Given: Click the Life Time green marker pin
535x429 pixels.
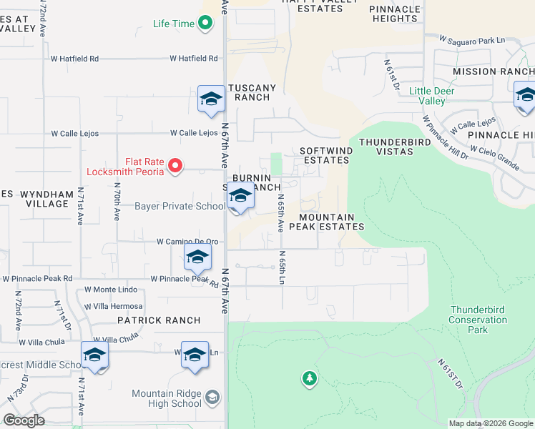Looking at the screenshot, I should click(x=205, y=24).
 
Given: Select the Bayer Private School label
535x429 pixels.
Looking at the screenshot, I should click(x=180, y=207).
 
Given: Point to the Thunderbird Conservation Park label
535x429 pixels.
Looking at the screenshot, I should click(x=478, y=320).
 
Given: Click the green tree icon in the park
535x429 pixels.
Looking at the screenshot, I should click(x=309, y=378).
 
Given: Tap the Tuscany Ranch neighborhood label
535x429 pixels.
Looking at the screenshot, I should click(x=251, y=92).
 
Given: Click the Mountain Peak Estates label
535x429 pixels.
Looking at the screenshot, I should click(x=331, y=222).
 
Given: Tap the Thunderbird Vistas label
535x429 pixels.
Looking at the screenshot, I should click(x=386, y=147).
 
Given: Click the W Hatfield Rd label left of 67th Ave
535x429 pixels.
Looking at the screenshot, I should click(x=194, y=59).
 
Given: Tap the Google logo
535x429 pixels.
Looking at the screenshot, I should click(x=24, y=420).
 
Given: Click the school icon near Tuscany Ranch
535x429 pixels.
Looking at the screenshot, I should click(x=211, y=99).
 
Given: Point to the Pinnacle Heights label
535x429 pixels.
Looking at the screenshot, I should click(x=395, y=14).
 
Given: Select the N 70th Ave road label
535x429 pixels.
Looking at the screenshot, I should click(x=117, y=202).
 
